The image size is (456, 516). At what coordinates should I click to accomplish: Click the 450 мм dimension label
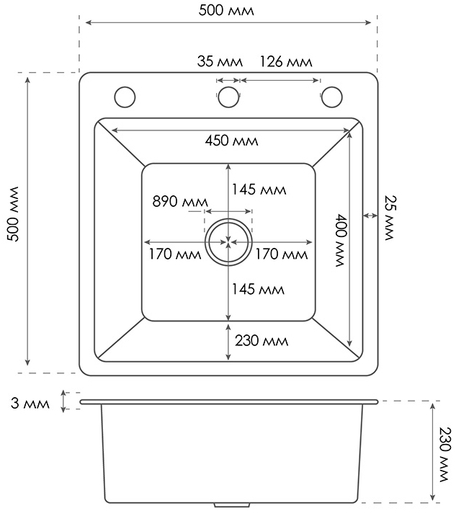(231, 141)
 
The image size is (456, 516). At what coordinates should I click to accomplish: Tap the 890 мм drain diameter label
(180, 201)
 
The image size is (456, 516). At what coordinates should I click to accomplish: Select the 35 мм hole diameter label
(220, 61)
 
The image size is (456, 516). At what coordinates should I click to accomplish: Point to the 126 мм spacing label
(286, 61)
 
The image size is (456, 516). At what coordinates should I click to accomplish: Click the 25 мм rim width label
(390, 218)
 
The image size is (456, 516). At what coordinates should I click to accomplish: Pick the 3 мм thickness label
(30, 403)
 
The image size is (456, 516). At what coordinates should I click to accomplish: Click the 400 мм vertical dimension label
(341, 241)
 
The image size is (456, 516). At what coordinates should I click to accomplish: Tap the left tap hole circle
(125, 97)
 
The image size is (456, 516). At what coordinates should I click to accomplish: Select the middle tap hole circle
(228, 97)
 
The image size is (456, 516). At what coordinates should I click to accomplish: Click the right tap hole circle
(331, 97)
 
